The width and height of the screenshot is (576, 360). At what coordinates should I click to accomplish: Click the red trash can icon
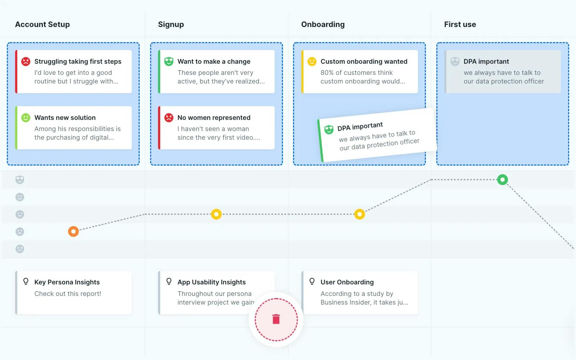(276, 319)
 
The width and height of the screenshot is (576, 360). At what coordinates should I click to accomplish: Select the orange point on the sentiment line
(73, 231)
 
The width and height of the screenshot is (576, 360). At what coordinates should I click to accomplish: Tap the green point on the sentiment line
(502, 180)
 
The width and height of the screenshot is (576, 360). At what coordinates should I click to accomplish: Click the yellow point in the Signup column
(216, 214)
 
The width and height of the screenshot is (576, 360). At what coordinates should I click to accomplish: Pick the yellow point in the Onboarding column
(360, 214)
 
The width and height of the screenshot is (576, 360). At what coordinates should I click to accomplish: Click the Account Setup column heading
(42, 24)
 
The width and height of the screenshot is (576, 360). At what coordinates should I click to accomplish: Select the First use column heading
(460, 24)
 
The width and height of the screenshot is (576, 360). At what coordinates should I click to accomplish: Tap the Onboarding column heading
(323, 24)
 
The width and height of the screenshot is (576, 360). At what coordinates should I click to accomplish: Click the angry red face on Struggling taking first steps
(26, 62)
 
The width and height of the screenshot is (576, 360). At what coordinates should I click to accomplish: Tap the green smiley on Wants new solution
(26, 118)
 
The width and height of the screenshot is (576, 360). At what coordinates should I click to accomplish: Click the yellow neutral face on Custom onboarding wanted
(312, 62)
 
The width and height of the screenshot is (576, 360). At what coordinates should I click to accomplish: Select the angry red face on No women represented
(169, 118)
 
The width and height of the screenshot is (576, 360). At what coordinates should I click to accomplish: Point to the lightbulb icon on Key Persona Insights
(26, 281)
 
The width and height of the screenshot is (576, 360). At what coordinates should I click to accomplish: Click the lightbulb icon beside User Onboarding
(312, 281)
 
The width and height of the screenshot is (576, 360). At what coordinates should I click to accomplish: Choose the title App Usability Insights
(211, 282)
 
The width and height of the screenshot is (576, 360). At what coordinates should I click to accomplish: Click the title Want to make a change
(214, 62)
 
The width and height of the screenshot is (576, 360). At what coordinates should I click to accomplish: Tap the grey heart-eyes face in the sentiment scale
(20, 180)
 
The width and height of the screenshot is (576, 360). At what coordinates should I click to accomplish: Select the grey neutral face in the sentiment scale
(20, 214)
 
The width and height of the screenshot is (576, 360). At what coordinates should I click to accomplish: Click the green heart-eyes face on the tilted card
(329, 129)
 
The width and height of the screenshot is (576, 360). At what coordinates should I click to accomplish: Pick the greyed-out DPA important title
(486, 62)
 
